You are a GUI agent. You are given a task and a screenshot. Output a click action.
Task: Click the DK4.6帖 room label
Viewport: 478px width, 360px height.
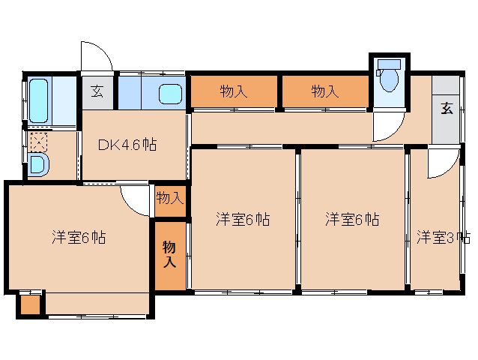pyautogui.click(x=127, y=144)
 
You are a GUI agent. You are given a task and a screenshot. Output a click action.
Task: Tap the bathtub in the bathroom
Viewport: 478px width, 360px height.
pyautogui.click(x=39, y=100)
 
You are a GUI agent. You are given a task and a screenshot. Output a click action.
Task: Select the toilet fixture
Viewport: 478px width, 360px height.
pyautogui.click(x=389, y=75)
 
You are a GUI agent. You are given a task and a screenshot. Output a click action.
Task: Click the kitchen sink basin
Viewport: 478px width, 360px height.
pyautogui.click(x=170, y=93)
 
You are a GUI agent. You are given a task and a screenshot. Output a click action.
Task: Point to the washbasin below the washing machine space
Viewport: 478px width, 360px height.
pyautogui.click(x=37, y=165)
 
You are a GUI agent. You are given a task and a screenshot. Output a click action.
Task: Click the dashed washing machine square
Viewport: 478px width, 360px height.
pyautogui.click(x=39, y=142)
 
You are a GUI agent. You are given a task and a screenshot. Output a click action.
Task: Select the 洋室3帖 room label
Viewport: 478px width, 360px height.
pyautogui.click(x=444, y=237)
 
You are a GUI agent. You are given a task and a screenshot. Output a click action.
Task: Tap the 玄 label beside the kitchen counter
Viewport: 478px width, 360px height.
pyautogui.click(x=97, y=91)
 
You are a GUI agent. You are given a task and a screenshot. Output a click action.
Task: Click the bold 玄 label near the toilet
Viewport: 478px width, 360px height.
pyautogui.click(x=447, y=108)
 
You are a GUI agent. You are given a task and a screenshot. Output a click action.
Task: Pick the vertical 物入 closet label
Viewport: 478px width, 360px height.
pyautogui.click(x=169, y=254)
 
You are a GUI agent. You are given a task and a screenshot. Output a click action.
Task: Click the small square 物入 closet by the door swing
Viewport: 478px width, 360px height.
pyautogui.click(x=170, y=201)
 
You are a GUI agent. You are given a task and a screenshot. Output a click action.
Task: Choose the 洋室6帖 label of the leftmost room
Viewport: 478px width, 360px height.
pyautogui.click(x=79, y=237)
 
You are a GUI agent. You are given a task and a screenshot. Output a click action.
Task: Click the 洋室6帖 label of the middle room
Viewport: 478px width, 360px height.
pyautogui.click(x=243, y=219)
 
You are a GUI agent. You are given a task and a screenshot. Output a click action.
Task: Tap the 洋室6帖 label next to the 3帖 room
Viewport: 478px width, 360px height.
pyautogui.click(x=352, y=219)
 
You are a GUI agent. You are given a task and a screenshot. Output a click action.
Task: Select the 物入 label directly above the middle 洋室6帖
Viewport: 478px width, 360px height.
pyautogui.click(x=234, y=91)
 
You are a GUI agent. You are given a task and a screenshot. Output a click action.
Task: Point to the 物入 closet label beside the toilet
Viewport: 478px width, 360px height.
pyautogui.click(x=325, y=91)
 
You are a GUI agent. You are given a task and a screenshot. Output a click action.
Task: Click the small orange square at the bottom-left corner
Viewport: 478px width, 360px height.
pyautogui.click(x=30, y=304)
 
